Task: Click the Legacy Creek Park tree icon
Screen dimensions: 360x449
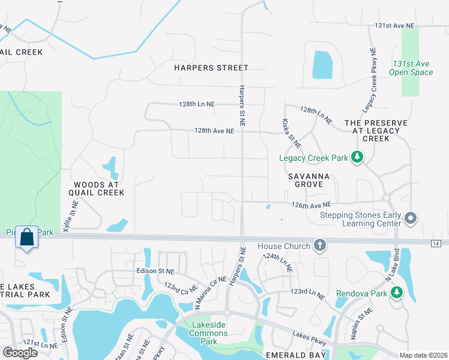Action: point(358,157)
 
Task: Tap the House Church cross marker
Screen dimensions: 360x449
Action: point(320,245)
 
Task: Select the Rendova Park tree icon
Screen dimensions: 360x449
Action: point(396,292)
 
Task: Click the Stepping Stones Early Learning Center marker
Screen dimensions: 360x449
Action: point(411,218)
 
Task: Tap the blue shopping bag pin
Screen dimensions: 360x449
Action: point(27,238)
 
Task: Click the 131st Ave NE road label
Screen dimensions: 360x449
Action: point(394,26)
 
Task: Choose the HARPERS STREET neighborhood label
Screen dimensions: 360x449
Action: point(211,68)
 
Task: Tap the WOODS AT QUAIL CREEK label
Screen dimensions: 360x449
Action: point(98,188)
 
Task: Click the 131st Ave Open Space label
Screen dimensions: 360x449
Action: point(412,68)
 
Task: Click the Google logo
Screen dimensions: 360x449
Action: point(20,352)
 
